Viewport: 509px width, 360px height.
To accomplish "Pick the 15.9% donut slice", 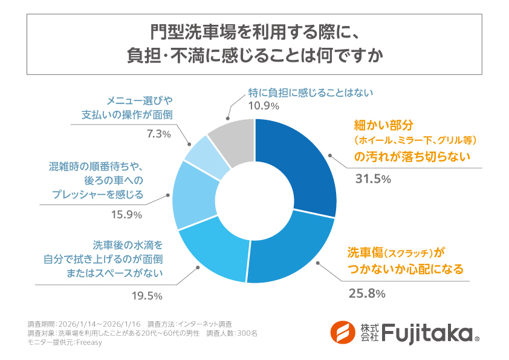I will click(190, 197).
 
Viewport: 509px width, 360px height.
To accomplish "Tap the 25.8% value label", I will click(367, 293).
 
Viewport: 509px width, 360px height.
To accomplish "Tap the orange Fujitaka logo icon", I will click(343, 332).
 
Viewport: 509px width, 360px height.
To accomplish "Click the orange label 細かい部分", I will click(383, 125).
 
